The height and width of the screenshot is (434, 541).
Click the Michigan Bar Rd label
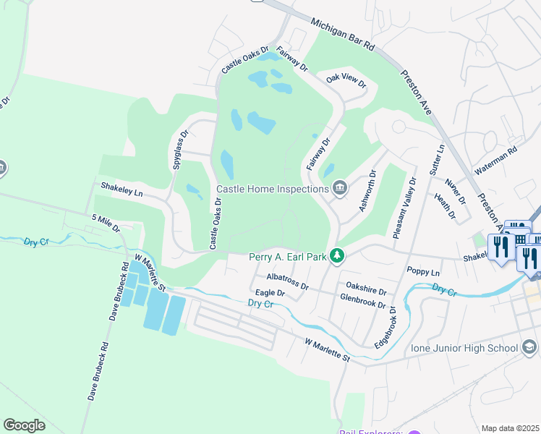[x=344, y=35]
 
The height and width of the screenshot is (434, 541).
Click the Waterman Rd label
[x=496, y=161]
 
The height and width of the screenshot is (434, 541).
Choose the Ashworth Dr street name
[x=366, y=191]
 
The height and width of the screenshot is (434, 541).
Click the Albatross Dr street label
[x=287, y=281]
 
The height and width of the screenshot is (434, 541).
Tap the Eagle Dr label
[x=270, y=293]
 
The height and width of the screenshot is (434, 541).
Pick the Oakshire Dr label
[x=366, y=292]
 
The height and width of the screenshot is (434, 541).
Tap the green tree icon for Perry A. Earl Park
[x=336, y=255]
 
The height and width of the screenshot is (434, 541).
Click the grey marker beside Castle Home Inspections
[x=339, y=190]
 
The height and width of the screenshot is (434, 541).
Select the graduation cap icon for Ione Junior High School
[x=530, y=348]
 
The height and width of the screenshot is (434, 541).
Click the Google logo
[x=24, y=425]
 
